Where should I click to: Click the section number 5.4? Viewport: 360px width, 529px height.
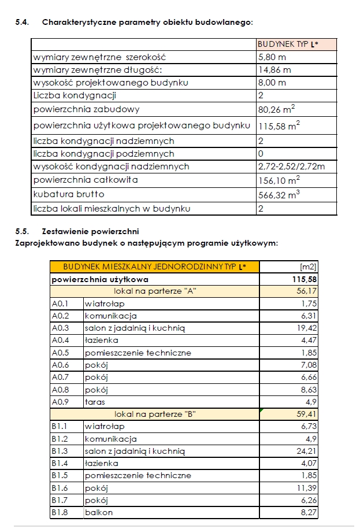(23, 23)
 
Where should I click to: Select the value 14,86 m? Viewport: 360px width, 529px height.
(274, 69)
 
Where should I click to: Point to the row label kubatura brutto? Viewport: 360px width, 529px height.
(69, 194)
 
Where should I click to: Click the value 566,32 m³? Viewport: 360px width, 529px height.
(279, 195)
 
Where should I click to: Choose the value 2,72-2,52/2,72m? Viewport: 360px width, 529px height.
(291, 167)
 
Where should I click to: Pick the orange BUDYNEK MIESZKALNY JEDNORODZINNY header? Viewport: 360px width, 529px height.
(154, 267)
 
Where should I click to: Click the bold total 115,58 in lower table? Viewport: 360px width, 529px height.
(305, 279)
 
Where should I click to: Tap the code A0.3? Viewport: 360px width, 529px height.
(60, 328)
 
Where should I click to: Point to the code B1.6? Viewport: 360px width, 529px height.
(60, 487)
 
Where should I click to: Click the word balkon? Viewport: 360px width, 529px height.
(99, 512)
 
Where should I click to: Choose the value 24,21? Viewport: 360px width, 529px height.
(307, 450)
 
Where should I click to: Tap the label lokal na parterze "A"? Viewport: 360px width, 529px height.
(155, 291)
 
